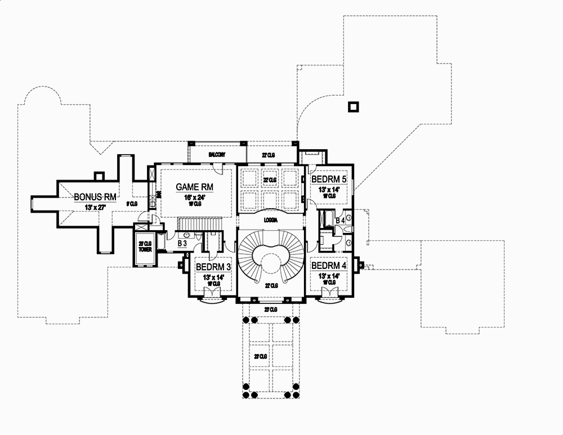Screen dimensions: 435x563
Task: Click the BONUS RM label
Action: pyautogui.click(x=95, y=197)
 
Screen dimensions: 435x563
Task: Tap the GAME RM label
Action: pyautogui.click(x=195, y=187)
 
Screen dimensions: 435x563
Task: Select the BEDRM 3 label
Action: pyautogui.click(x=212, y=266)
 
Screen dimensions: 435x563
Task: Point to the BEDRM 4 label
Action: pyautogui.click(x=329, y=266)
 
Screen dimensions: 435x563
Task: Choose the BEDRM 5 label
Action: pyautogui.click(x=329, y=180)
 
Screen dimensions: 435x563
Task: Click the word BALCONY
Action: pyautogui.click(x=217, y=154)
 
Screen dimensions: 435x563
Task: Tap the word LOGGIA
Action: pyautogui.click(x=271, y=222)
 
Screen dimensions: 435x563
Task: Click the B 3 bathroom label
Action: pyautogui.click(x=182, y=243)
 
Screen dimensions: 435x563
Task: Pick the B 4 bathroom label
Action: pyautogui.click(x=339, y=221)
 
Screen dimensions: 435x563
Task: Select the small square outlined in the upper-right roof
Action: pyautogui.click(x=353, y=106)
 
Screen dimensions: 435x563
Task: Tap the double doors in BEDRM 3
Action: pyautogui.click(x=212, y=292)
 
